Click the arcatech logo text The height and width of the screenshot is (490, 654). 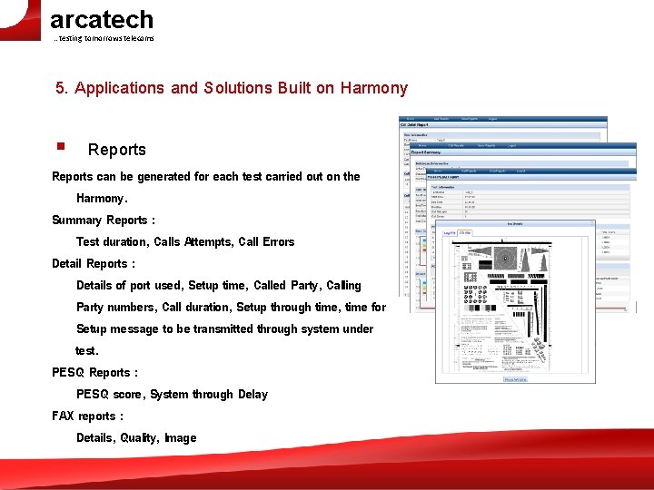click(102, 19)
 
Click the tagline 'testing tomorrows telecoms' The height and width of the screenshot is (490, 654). click(104, 38)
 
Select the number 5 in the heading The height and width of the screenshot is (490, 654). click(60, 88)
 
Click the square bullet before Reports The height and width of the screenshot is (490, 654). click(59, 146)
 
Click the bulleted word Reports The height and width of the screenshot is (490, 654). click(116, 150)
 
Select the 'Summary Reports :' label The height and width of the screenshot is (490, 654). click(104, 220)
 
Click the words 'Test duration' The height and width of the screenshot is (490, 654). click(112, 242)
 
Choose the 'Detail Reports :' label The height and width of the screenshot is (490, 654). click(94, 264)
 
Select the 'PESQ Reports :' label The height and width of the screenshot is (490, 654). click(95, 373)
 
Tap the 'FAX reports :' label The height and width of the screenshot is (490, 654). click(87, 416)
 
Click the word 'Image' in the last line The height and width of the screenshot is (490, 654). click(180, 438)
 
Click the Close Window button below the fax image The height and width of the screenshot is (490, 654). click(515, 379)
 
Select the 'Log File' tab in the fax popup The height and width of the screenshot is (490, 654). click(450, 233)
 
